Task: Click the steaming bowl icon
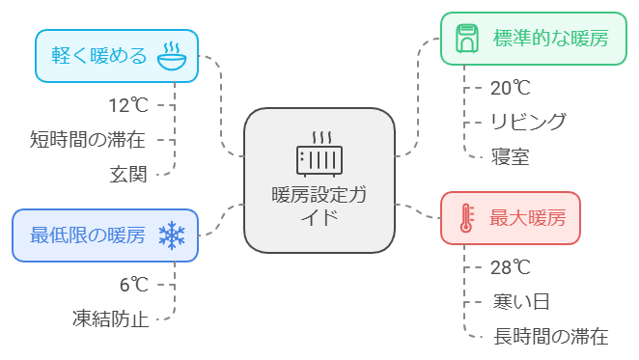(x=172, y=56)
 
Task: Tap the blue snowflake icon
(x=172, y=235)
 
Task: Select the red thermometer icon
(x=466, y=218)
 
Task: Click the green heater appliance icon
(x=467, y=39)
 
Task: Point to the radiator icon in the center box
(x=319, y=154)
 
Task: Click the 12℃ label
(x=128, y=105)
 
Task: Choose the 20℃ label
(x=511, y=88)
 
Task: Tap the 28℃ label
(x=511, y=268)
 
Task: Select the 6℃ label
(x=133, y=285)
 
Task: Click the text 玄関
(x=128, y=175)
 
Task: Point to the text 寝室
(x=511, y=157)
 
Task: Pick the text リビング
(x=528, y=122)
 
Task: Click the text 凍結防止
(x=110, y=319)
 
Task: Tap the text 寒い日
(x=521, y=302)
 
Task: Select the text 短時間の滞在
(x=88, y=140)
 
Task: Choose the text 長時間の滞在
(x=551, y=337)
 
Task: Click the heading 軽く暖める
(x=99, y=56)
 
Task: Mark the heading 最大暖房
(x=528, y=218)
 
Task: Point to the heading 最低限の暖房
(x=88, y=235)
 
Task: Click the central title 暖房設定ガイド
(x=319, y=207)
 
